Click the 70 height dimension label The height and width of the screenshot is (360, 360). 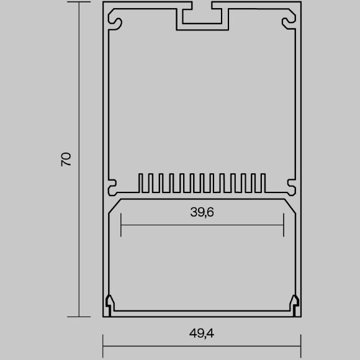point(66,158)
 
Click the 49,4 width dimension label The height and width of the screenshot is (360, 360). point(202,333)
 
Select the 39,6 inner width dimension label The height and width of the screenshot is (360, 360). point(202,212)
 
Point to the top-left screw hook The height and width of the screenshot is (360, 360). point(115,23)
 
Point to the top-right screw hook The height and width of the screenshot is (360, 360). point(289,23)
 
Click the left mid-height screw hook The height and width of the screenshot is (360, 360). point(112,184)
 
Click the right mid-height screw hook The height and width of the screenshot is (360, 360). point(291,184)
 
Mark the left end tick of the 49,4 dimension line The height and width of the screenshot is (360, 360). point(103,341)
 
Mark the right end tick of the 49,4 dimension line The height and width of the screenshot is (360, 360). point(301,341)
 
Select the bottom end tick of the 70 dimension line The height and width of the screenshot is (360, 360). point(80,317)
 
